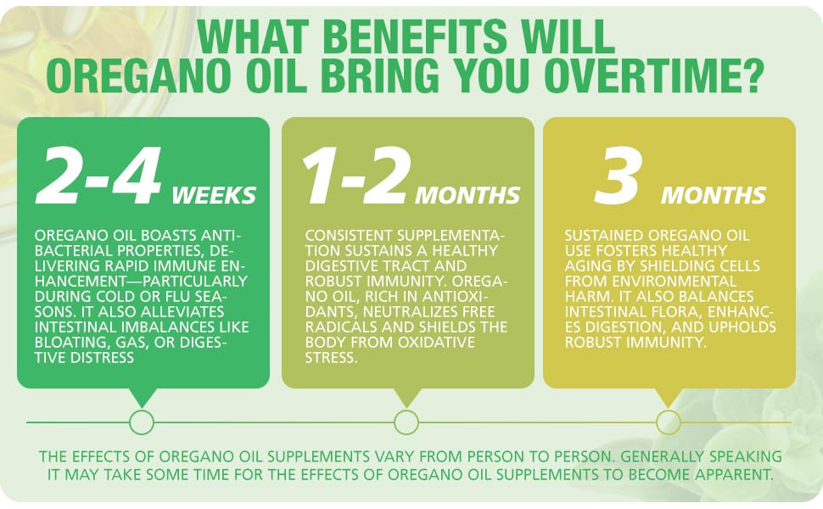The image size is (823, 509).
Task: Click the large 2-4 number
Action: pyautogui.click(x=98, y=176)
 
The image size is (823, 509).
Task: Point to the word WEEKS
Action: pyautogui.click(x=214, y=195)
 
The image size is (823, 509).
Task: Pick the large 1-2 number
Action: pyautogui.click(x=356, y=176)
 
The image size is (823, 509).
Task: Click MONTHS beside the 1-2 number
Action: pyautogui.click(x=467, y=195)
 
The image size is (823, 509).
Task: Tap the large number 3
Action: pyautogui.click(x=618, y=176)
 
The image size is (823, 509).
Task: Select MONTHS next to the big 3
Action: pyautogui.click(x=714, y=195)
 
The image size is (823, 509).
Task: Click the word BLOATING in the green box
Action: pyautogui.click(x=68, y=342)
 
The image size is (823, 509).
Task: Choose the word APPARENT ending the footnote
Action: pyautogui.click(x=735, y=474)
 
